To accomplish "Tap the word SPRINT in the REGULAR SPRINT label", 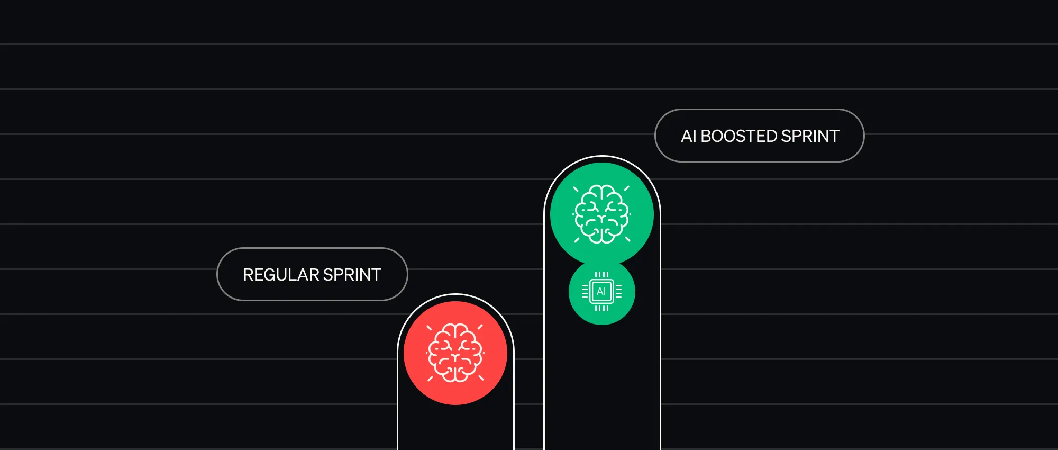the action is [x=352, y=275].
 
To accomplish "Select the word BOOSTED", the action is [x=739, y=136].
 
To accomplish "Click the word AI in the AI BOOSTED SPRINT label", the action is [x=688, y=136].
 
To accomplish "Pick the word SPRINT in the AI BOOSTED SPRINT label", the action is [x=810, y=136].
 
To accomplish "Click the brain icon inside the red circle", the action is [x=455, y=353].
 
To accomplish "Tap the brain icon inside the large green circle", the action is [x=602, y=214].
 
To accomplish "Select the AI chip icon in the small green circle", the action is [x=601, y=292].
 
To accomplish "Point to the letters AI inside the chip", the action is [x=601, y=292].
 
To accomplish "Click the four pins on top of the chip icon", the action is [x=601, y=275].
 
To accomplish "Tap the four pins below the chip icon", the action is [x=601, y=308].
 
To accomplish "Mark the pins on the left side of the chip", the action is [x=585, y=292].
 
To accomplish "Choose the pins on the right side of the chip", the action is [x=618, y=292].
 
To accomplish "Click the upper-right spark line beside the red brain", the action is [x=480, y=327].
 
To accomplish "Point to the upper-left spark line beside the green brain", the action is [x=576, y=189].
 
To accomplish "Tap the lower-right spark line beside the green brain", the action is [x=627, y=239].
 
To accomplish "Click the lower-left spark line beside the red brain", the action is [x=430, y=379].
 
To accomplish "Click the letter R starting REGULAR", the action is [x=248, y=275].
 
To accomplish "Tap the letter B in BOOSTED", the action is [x=706, y=136].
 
